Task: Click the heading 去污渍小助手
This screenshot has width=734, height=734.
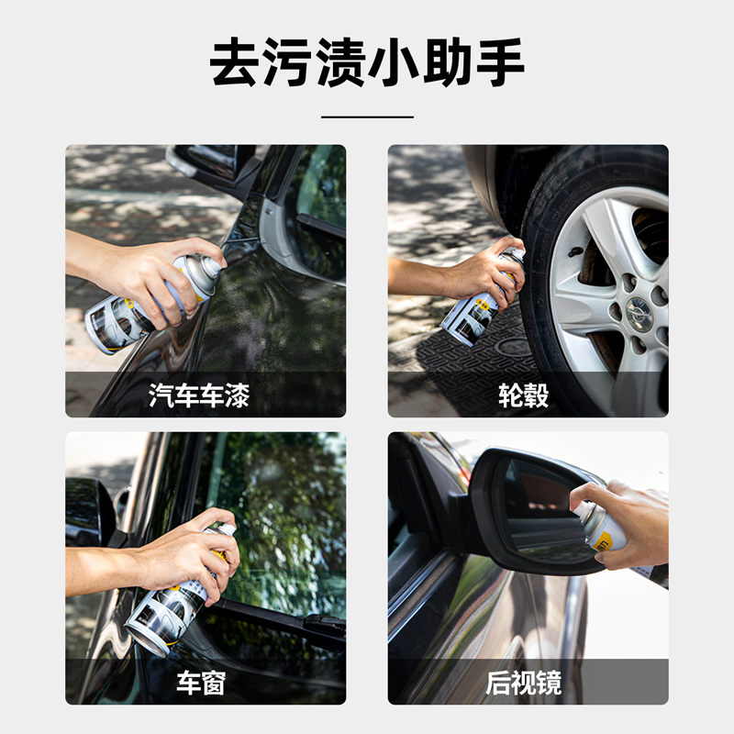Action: pos(366,62)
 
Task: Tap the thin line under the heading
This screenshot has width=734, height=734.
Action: pos(367,117)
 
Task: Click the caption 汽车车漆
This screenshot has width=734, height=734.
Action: pos(199,395)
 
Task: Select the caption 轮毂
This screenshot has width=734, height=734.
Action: pos(523,395)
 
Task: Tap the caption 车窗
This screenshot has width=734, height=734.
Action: pos(201,683)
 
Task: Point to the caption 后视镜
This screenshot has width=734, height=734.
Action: pos(523,683)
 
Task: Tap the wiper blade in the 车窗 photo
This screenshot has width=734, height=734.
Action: pos(281,616)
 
